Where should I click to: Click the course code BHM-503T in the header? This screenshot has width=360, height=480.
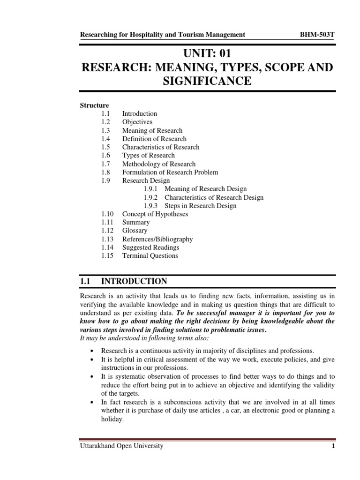click(316, 34)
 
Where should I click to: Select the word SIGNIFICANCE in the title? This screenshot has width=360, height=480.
click(208, 82)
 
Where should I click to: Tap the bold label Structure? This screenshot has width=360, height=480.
click(94, 105)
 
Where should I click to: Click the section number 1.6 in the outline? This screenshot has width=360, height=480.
click(105, 156)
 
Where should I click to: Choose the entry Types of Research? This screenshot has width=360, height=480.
click(148, 156)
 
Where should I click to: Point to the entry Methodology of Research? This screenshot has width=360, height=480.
click(159, 164)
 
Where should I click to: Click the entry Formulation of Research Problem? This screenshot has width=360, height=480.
click(170, 172)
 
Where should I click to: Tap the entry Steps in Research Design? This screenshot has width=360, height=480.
click(200, 206)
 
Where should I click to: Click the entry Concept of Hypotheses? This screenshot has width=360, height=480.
click(155, 214)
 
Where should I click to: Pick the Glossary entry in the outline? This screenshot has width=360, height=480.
click(135, 231)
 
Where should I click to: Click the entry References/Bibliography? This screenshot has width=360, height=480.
click(157, 239)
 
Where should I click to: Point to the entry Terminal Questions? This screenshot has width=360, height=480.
click(150, 256)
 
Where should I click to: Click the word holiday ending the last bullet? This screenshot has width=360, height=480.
click(112, 420)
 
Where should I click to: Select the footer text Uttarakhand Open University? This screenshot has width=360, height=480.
click(122, 446)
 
